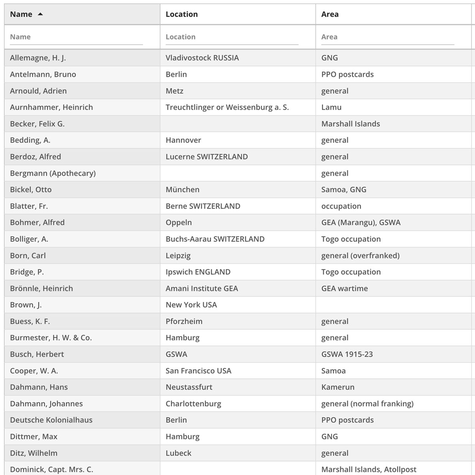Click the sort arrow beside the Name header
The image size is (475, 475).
coord(40,14)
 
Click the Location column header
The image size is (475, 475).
coord(182,14)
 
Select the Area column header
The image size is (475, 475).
coord(330,14)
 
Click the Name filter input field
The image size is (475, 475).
coord(76,37)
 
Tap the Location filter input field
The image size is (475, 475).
coord(232,37)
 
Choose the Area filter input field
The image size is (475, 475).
coord(387,37)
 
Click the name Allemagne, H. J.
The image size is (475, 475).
coord(38,58)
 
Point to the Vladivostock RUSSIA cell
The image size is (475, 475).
coord(202,58)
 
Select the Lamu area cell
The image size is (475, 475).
coord(331,107)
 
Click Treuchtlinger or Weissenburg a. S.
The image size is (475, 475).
coord(227,107)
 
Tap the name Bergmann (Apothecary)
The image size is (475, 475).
coord(53,173)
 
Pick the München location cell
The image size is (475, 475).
coord(182,190)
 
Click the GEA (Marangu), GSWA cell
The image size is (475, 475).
coord(361,222)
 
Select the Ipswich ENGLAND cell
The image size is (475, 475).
coord(198,272)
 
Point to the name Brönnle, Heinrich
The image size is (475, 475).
coord(42,289)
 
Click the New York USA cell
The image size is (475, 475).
coord(191,305)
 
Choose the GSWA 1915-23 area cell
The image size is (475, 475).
coord(347,354)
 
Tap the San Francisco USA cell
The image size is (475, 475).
coord(198,371)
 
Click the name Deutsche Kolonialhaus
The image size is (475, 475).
coord(51,420)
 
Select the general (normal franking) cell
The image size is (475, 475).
coord(367,404)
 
